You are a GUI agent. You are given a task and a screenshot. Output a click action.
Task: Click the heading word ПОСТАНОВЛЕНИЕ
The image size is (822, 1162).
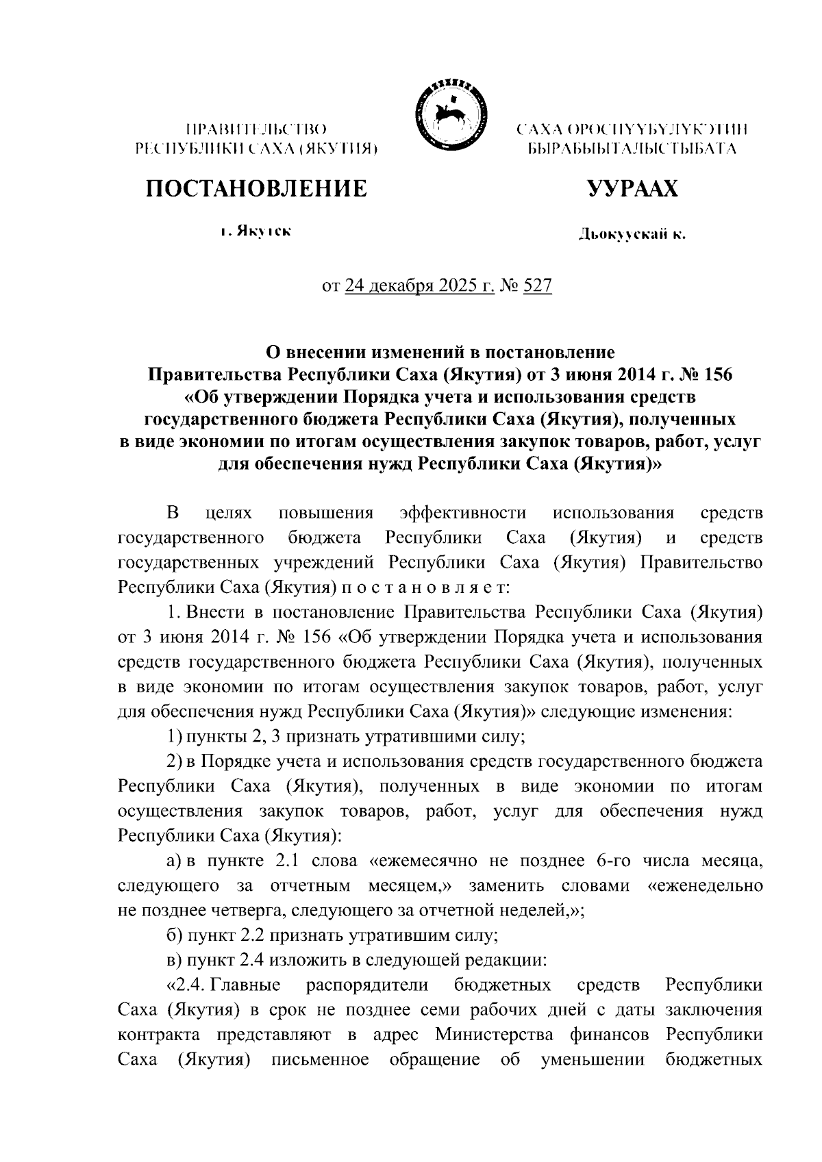coord(256,188)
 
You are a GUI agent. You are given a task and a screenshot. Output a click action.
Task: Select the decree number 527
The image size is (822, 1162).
coord(538,286)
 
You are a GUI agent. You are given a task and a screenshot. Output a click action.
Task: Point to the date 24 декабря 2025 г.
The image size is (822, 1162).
coord(420,286)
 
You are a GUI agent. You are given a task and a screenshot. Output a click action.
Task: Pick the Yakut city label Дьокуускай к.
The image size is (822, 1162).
coord(631,236)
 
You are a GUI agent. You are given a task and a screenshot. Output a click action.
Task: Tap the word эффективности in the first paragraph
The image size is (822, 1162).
coord(462,514)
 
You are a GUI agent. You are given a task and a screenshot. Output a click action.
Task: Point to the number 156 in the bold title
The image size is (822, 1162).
coord(698,375)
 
